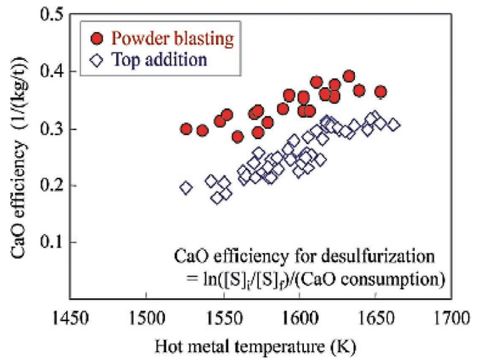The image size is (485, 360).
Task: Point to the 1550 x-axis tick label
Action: point(223,317)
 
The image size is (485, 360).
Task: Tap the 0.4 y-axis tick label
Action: point(45,72)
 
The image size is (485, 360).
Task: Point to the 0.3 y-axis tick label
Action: point(45,129)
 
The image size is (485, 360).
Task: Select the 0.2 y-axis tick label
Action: point(45,185)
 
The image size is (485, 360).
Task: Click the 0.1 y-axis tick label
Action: point(45,243)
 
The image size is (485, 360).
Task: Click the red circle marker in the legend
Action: point(96,38)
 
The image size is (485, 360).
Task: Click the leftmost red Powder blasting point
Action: point(186,129)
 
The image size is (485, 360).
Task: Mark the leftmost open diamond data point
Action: point(186,187)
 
